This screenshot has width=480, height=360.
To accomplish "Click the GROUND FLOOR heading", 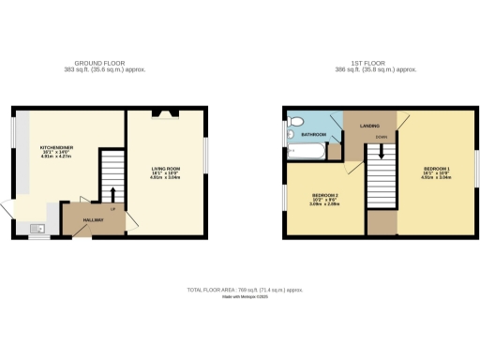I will [104, 63].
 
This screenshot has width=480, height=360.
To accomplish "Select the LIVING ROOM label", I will [166, 169].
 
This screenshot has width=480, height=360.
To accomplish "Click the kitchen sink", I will [38, 228].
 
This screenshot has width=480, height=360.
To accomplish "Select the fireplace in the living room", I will [167, 115].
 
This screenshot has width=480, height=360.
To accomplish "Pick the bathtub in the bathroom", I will [304, 149].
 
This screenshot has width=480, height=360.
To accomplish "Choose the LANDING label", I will [368, 124].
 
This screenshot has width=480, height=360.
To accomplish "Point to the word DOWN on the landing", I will [381, 136].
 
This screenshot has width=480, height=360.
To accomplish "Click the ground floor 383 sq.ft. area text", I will [104, 69].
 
